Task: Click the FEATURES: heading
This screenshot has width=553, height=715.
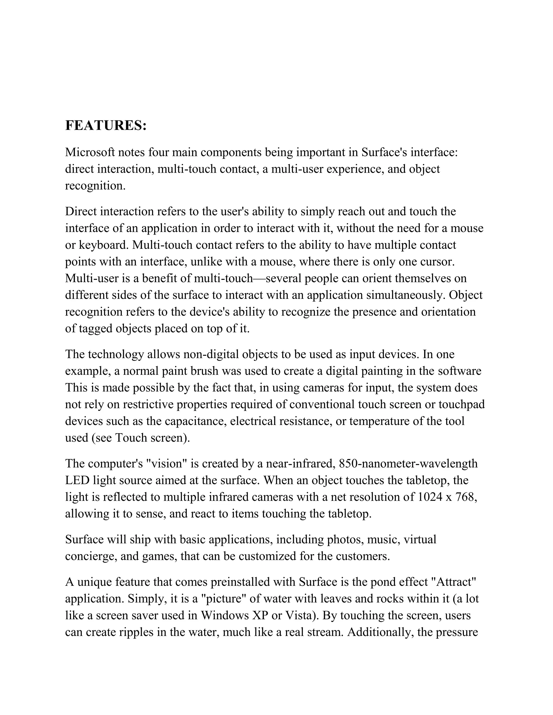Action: [106, 126]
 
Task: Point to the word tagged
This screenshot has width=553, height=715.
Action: [96, 329]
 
